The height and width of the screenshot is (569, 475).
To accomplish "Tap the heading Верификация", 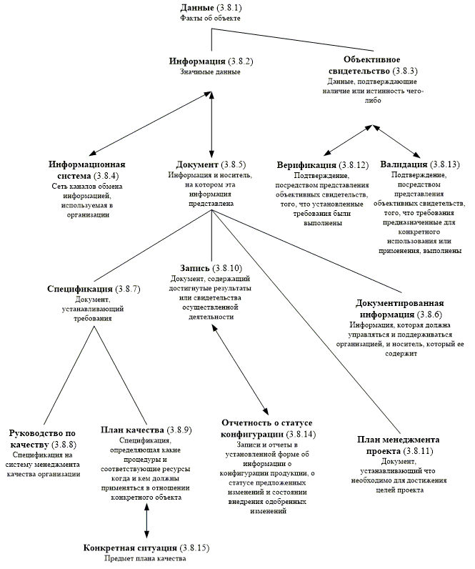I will [307, 166].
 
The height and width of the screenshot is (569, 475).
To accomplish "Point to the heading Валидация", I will [406, 164].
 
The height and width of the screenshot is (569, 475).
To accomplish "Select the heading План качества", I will [134, 430].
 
